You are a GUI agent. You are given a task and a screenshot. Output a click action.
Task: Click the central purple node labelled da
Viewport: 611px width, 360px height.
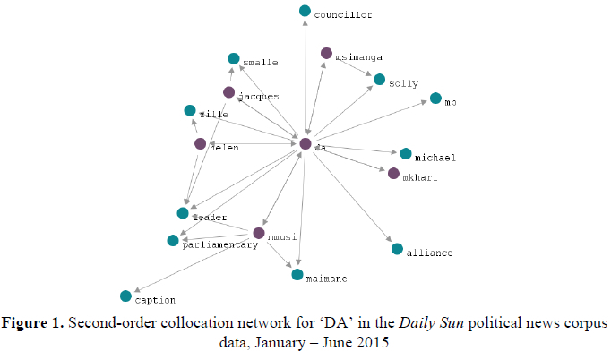pos(305,143)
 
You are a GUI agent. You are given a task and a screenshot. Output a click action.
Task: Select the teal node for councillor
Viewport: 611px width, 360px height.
pos(305,11)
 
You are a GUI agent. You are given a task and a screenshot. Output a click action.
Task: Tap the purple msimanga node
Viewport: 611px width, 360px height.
pos(326,54)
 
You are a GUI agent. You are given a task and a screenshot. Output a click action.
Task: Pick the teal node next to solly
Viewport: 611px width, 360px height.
pos(380,80)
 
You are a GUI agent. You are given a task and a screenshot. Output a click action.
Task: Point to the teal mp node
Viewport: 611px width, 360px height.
pos(435,99)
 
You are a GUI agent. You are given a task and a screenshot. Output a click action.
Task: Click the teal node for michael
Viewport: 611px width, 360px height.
pos(406,154)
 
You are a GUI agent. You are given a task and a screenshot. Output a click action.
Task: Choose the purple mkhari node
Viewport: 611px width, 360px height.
pos(393,173)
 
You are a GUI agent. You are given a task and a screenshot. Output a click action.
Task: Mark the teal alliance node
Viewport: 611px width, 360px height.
pos(397,248)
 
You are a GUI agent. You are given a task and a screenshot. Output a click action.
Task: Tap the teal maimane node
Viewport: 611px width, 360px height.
pos(298,274)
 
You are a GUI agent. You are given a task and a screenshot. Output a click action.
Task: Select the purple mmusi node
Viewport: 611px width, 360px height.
pos(259,234)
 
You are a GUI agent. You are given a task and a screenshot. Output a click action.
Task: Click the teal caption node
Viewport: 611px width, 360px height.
pos(125,296)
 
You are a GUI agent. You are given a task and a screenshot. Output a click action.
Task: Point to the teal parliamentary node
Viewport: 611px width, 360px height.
pos(173,240)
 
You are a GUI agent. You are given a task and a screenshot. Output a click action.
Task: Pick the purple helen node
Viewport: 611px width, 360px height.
pos(201,143)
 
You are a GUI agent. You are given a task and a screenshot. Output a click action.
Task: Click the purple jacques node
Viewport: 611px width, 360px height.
pos(229,92)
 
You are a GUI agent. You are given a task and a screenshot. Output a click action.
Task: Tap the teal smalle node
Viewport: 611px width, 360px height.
pos(234,58)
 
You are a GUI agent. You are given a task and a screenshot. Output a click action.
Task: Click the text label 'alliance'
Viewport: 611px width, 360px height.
pos(430,253)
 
